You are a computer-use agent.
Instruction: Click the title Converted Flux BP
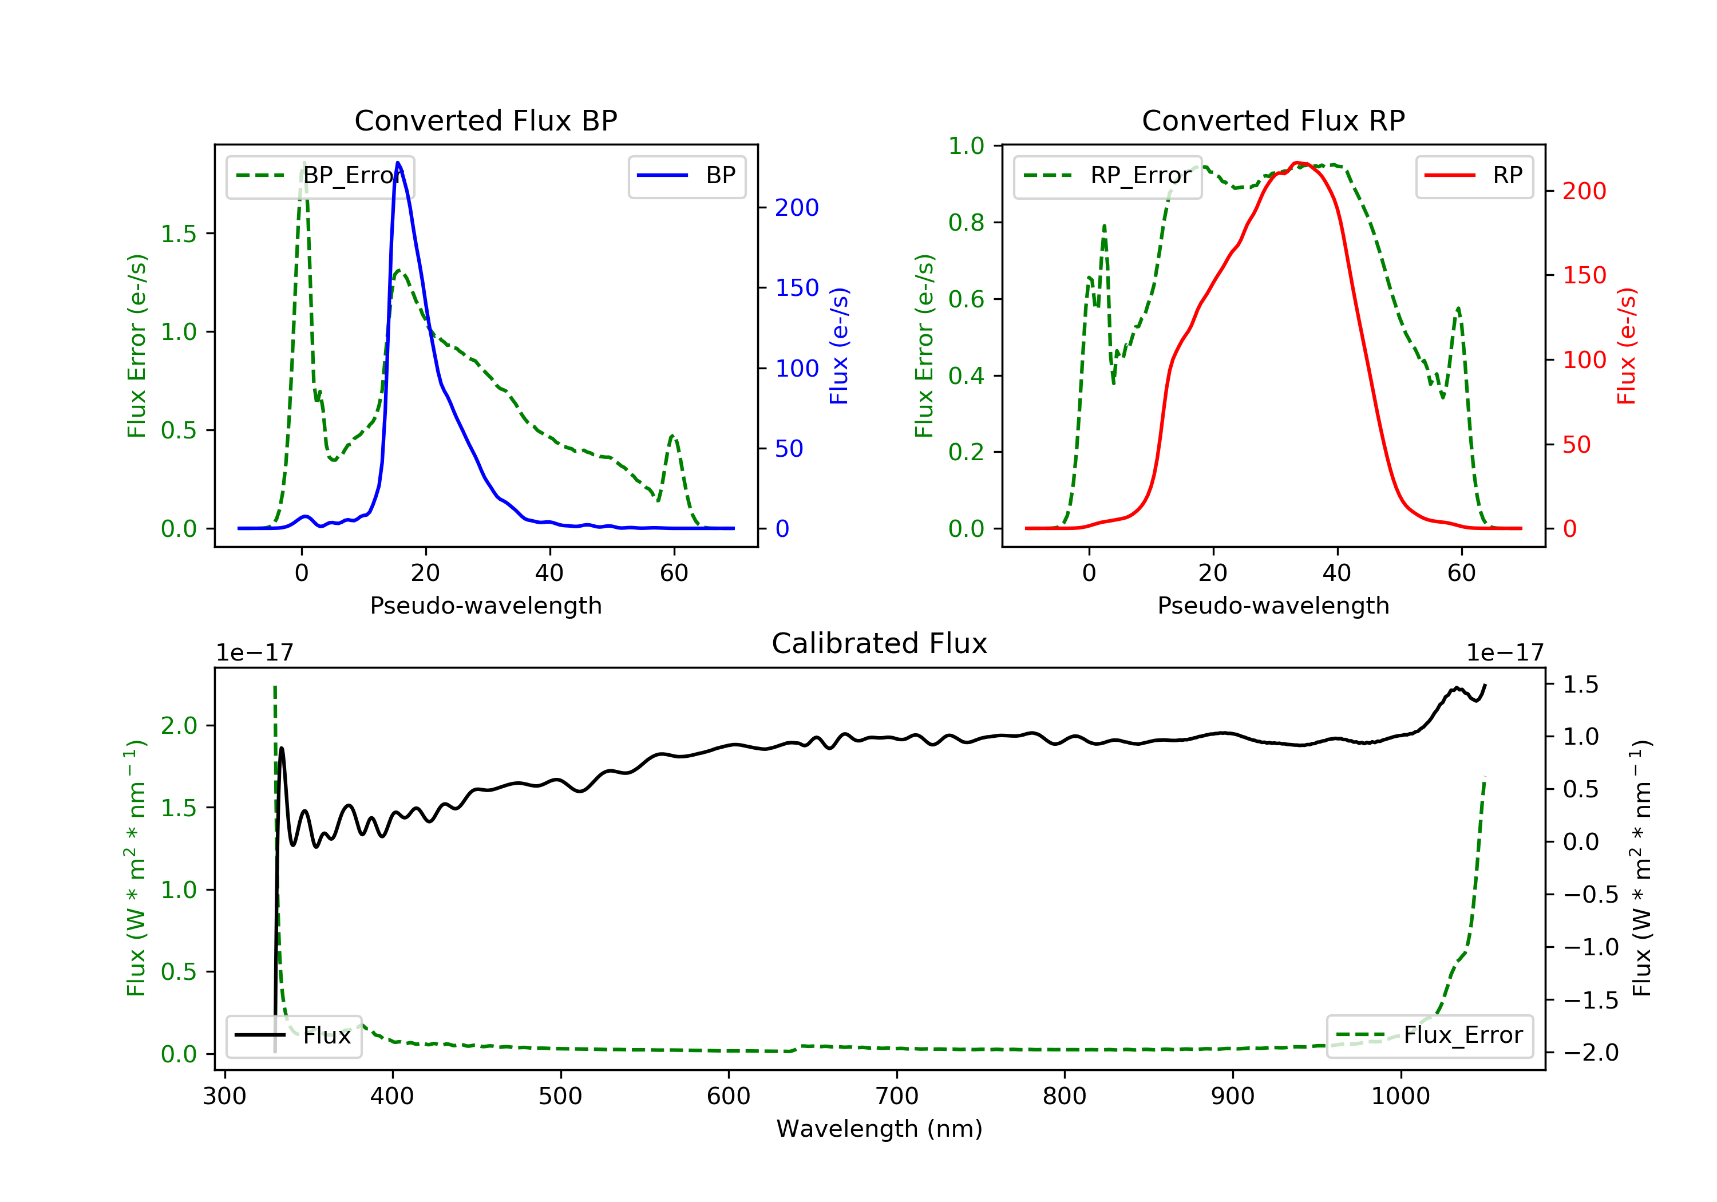click(486, 120)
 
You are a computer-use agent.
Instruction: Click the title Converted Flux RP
click(1273, 120)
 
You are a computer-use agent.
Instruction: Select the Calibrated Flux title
click(880, 643)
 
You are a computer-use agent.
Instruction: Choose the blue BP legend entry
click(686, 176)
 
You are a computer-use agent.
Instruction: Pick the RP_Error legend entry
click(1107, 176)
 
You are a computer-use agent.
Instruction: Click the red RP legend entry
click(1474, 176)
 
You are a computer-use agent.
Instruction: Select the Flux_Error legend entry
click(1429, 1035)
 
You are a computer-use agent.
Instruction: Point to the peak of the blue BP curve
click(398, 163)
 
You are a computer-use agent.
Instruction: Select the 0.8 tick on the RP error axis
click(966, 222)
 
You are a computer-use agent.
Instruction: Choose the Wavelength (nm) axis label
click(880, 1129)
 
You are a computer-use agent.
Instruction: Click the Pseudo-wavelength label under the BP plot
click(486, 605)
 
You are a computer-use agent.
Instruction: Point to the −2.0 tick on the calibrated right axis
click(1591, 1053)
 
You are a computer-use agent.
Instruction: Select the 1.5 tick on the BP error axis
click(179, 234)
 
